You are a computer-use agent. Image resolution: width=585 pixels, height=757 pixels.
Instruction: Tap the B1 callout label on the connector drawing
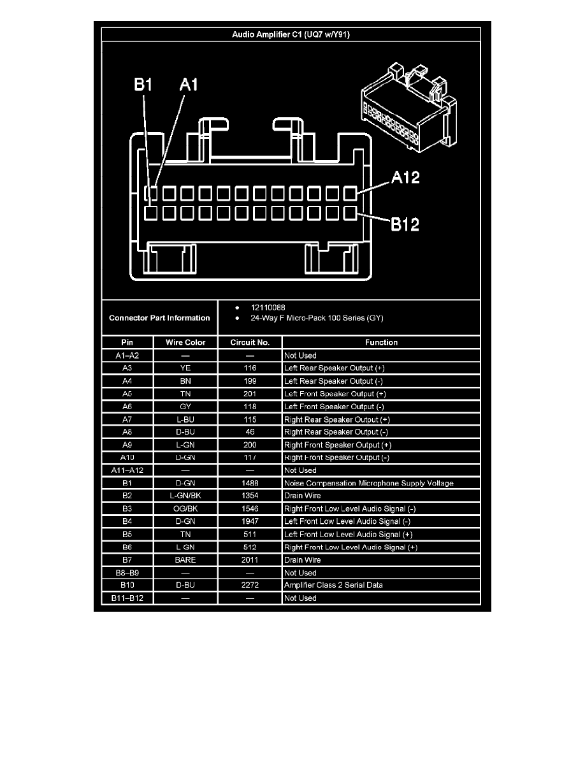point(143,85)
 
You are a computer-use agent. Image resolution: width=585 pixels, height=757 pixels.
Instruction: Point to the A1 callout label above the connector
point(189,85)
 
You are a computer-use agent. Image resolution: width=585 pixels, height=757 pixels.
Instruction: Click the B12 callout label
point(404,224)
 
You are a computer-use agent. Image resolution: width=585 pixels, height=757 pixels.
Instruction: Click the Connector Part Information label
point(159,317)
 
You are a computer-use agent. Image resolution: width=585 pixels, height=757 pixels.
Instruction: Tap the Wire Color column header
point(185,342)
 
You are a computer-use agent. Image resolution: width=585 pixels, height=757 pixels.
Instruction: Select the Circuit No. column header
point(250,342)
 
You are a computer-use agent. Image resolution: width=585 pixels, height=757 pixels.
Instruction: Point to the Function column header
point(381,342)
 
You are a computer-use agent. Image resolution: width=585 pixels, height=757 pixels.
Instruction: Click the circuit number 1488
point(250,483)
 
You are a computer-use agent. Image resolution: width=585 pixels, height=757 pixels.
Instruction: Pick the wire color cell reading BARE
point(185,560)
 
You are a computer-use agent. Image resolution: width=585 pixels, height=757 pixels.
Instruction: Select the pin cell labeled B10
point(127,586)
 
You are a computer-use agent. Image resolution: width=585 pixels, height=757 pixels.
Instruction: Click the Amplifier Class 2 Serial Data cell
point(333,586)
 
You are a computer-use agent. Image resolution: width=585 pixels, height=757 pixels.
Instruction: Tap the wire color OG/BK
point(185,509)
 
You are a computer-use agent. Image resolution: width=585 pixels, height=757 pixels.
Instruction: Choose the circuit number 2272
point(250,586)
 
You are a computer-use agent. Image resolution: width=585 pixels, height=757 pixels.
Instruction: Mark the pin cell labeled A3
point(127,368)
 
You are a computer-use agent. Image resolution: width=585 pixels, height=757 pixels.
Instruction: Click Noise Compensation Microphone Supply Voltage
point(369,483)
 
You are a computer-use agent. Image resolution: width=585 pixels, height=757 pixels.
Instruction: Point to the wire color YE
point(185,368)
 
